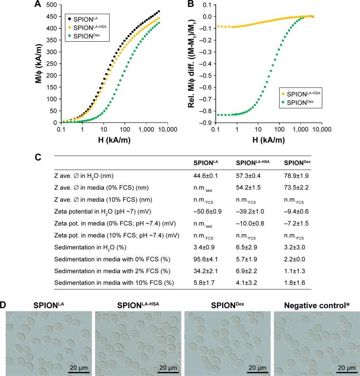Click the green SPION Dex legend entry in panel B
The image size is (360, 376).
[x=282, y=101]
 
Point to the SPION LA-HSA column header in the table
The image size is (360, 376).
[x=244, y=161]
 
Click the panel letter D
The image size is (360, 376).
[x=4, y=301]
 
